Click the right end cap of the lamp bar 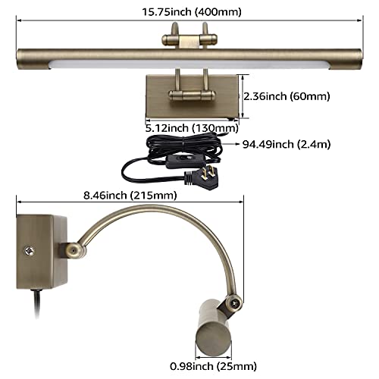pos(359,57)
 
